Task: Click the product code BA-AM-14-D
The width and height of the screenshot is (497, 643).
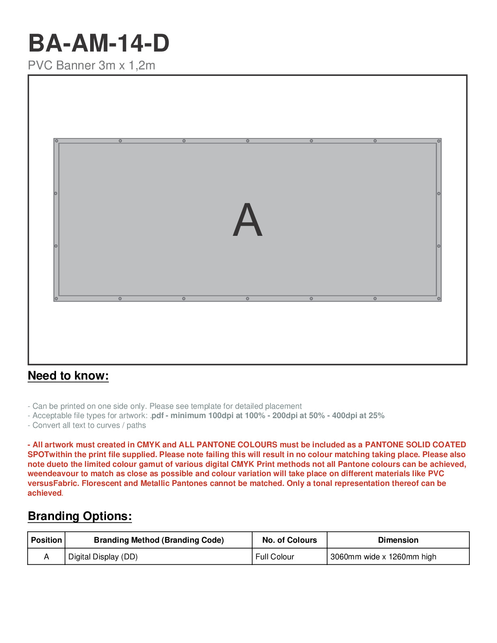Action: [99, 43]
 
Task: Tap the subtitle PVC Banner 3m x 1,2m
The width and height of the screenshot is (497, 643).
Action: [91, 65]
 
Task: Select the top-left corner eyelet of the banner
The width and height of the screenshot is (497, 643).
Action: [56, 141]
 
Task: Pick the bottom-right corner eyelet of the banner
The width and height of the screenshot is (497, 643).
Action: [439, 299]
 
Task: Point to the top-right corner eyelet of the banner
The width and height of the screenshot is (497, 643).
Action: [439, 141]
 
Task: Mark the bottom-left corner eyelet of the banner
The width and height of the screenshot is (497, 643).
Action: [56, 299]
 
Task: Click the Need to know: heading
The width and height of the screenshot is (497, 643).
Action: [68, 375]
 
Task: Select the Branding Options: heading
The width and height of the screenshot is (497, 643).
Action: [80, 516]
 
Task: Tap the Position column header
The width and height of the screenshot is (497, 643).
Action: [46, 540]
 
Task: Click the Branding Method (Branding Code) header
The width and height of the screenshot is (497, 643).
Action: [159, 540]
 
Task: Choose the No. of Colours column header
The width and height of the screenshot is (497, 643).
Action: [290, 540]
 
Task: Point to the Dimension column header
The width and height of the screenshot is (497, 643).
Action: [398, 540]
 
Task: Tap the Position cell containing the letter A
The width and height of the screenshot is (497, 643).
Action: [46, 557]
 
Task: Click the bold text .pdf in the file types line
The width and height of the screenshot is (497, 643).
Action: [157, 416]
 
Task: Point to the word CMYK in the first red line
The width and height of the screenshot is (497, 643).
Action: [148, 444]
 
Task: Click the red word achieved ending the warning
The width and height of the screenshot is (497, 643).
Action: [44, 493]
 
